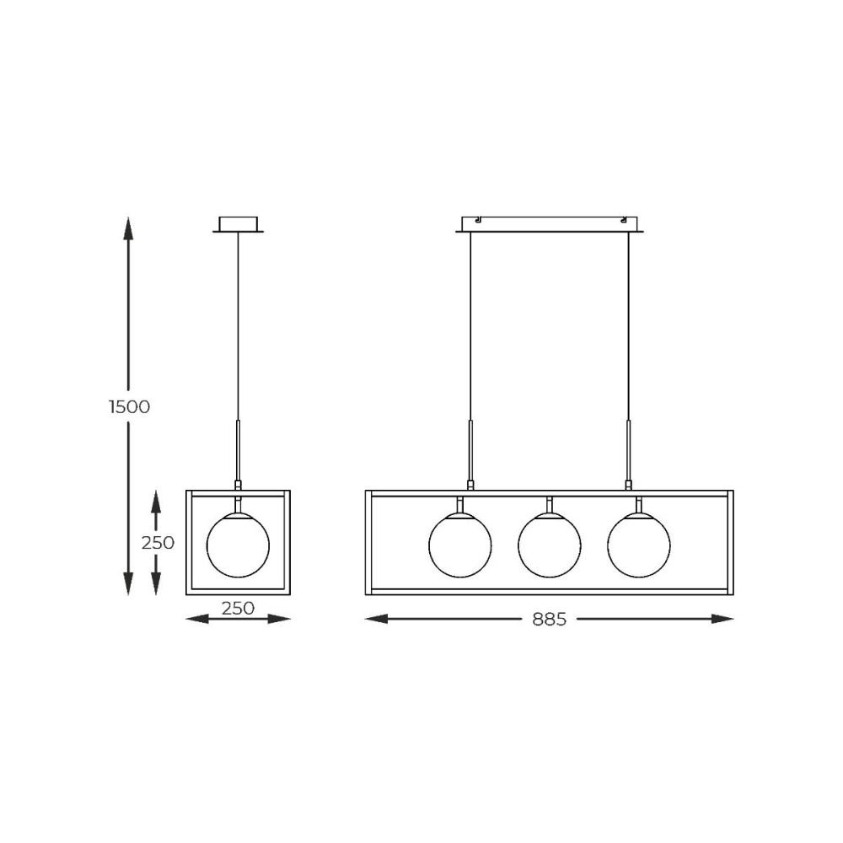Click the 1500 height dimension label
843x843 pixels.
129,407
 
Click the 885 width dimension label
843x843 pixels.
550,620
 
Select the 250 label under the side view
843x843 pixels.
238,608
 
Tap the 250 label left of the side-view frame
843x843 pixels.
158,543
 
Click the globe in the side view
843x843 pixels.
239,545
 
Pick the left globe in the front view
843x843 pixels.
460,545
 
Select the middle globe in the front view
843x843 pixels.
550,545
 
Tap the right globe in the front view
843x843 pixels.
639,545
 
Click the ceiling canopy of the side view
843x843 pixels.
239,225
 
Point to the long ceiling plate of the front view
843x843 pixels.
550,225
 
